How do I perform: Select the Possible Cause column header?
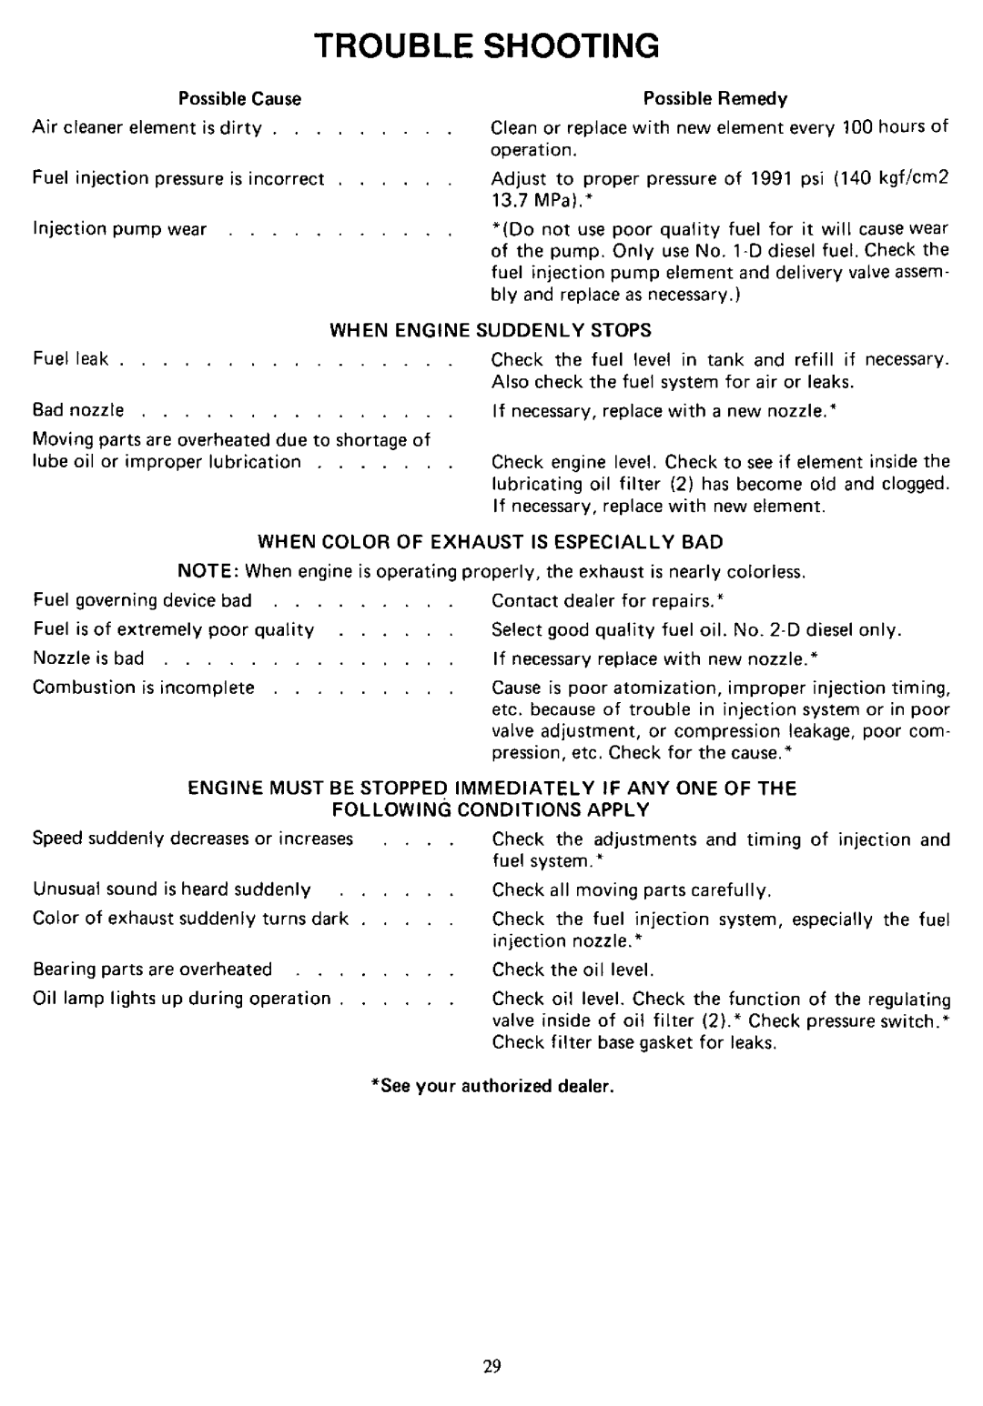click(x=239, y=98)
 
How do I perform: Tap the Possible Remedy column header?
click(x=715, y=98)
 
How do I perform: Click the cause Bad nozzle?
click(x=78, y=411)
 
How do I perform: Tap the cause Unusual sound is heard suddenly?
click(x=172, y=890)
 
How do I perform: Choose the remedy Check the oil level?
click(x=573, y=970)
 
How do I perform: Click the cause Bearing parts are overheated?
click(x=152, y=969)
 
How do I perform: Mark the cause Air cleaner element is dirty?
click(x=147, y=128)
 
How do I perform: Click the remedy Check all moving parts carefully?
click(x=632, y=890)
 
